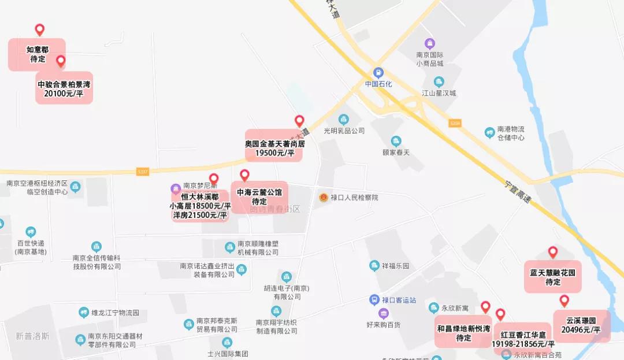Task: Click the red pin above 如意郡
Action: [x=39, y=29]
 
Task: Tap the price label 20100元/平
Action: [x=64, y=94]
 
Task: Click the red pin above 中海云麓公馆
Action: [x=244, y=175]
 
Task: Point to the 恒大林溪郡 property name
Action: [x=200, y=196]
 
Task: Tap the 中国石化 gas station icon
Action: [x=378, y=73]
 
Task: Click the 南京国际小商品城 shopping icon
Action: [x=430, y=43]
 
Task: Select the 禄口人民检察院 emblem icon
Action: [x=324, y=198]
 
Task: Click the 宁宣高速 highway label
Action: [x=518, y=191]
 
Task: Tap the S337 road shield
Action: [x=143, y=171]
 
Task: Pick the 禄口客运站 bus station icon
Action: [x=374, y=300]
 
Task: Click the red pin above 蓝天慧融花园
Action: [x=553, y=252]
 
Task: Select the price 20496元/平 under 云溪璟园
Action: [x=581, y=330]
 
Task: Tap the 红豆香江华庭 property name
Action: [x=523, y=335]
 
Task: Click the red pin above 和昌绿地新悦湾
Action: [x=485, y=307]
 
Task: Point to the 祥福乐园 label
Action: [x=395, y=266]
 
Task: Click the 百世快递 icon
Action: [x=31, y=232]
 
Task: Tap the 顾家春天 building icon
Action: [x=396, y=141]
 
